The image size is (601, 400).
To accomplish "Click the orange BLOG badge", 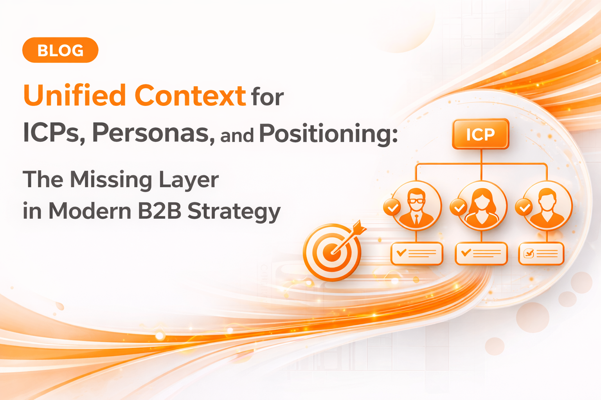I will click(x=60, y=50).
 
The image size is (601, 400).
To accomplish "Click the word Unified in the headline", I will click(x=74, y=96).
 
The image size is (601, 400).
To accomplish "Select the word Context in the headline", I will click(x=190, y=96).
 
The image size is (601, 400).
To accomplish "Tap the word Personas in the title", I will click(x=153, y=133).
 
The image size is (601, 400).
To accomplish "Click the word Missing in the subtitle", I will click(x=111, y=180).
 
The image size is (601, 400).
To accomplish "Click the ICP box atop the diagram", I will click(x=480, y=134).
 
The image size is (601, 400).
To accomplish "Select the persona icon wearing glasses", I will click(x=416, y=206).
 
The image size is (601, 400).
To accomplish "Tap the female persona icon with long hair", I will click(x=482, y=206).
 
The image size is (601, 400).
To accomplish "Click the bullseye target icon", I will click(x=332, y=252).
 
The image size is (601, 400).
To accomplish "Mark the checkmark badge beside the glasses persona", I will click(x=392, y=207).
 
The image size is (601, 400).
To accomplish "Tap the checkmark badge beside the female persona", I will click(x=458, y=207).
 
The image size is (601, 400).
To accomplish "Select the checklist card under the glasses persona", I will click(x=417, y=254).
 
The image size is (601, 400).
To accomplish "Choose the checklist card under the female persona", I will click(x=481, y=254).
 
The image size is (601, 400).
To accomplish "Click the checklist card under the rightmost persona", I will click(x=541, y=254).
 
